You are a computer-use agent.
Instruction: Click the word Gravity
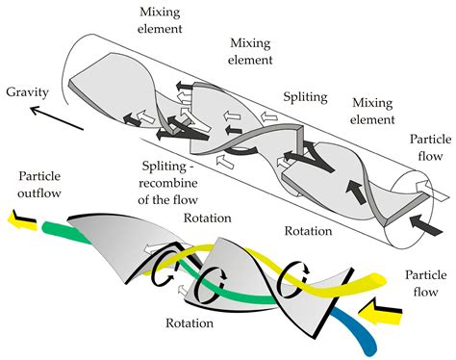pyautogui.click(x=28, y=92)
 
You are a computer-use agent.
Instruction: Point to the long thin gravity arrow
pyautogui.click(x=57, y=118)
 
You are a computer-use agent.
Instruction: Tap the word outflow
pyautogui.click(x=39, y=193)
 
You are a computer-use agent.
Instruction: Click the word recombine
pyautogui.click(x=167, y=183)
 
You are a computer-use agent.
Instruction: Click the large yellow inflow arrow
pyautogui.click(x=380, y=312)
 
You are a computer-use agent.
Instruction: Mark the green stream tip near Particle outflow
pyautogui.click(x=46, y=226)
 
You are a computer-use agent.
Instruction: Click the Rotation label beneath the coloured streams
pyautogui.click(x=190, y=322)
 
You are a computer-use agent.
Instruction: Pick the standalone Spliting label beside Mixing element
pyautogui.click(x=305, y=96)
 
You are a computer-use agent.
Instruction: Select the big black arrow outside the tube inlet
pyautogui.click(x=426, y=225)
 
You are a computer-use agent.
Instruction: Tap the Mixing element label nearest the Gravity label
pyautogui.click(x=160, y=20)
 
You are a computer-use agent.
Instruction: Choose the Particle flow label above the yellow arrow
pyautogui.click(x=425, y=283)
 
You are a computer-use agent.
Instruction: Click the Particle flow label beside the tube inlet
pyautogui.click(x=430, y=147)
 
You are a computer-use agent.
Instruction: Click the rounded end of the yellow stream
pyautogui.click(x=381, y=280)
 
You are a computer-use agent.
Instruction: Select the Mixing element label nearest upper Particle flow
pyautogui.click(x=372, y=111)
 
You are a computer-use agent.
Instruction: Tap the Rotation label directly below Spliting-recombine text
pyautogui.click(x=207, y=218)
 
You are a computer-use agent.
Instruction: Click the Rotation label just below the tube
pyautogui.click(x=308, y=231)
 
